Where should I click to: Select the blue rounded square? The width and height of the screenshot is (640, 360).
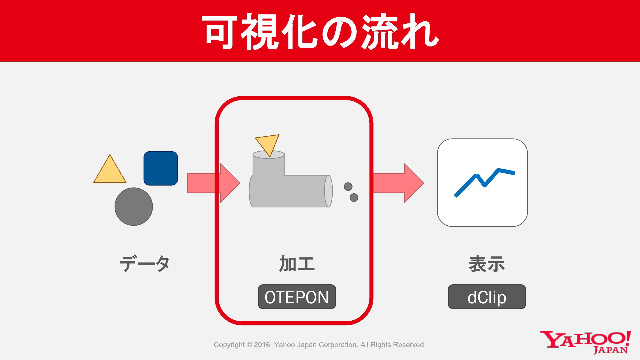pos(161,168)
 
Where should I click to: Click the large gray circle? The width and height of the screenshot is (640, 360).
pos(134,207)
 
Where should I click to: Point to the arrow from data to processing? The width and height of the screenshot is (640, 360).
pos(214,183)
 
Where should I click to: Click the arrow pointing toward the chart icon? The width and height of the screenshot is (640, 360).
pos(398,183)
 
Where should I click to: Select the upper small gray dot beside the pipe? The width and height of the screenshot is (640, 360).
pos(348,187)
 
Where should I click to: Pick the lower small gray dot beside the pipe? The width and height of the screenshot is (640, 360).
pos(354,198)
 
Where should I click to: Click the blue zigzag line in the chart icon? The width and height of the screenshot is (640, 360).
pos(485,182)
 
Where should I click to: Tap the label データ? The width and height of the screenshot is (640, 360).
pos(145,264)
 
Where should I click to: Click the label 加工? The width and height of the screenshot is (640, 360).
pos(297,264)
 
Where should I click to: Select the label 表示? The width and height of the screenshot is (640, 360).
pos(487,264)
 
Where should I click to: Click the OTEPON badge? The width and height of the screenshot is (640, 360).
pos(297,297)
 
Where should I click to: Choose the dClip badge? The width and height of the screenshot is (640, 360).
pos(487,297)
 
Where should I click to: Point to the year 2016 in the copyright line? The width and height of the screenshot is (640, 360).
pos(262,345)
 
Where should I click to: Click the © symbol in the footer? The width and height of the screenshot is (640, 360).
pos(249,345)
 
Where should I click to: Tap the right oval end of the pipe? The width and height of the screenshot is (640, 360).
pos(328,191)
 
